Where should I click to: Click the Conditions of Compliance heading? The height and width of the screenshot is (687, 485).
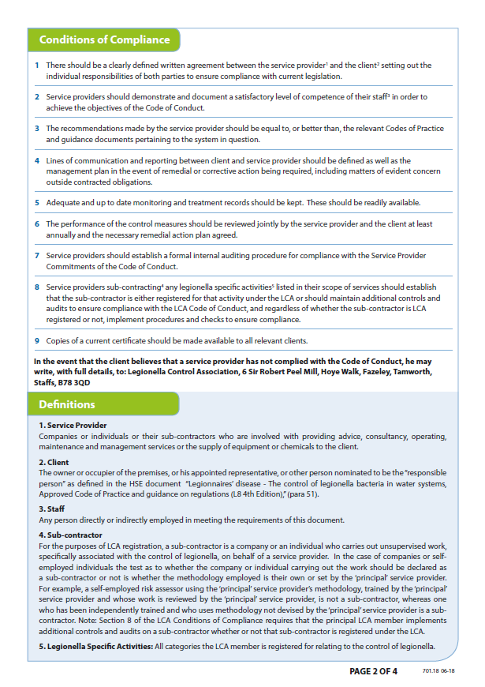tap(104, 39)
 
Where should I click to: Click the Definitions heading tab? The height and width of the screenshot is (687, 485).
tap(67, 405)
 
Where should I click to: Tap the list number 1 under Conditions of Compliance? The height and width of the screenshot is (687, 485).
tap(37, 66)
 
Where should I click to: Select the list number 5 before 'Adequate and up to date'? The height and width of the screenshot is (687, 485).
tap(37, 203)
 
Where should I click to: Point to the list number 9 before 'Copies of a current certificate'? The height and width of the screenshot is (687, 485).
tap(37, 341)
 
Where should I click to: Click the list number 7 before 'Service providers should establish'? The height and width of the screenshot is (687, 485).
tap(37, 256)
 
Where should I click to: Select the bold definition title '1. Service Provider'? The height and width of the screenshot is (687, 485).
tap(73, 426)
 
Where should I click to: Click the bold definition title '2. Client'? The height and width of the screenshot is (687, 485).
tap(54, 462)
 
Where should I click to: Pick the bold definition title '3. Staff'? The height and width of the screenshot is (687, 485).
tap(53, 509)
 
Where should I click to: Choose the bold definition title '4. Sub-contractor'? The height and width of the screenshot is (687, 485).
tap(72, 535)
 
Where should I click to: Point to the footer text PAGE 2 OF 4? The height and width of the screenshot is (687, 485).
tap(373, 672)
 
